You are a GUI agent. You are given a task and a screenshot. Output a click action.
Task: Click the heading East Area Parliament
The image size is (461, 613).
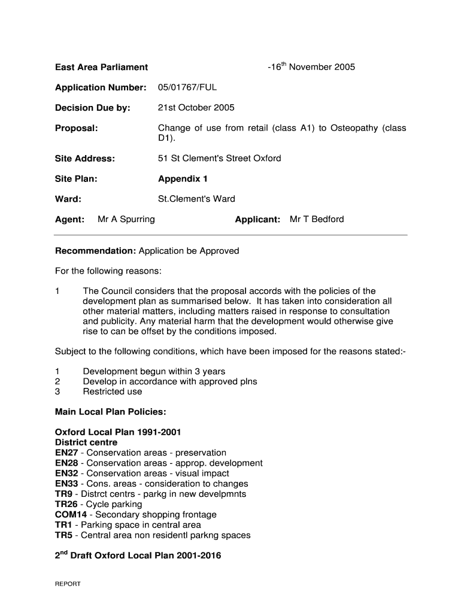click(x=101, y=67)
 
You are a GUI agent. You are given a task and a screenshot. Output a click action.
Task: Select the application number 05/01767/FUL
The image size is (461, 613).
click(x=187, y=87)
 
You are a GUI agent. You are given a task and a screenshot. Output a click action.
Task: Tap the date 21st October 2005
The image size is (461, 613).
click(x=196, y=108)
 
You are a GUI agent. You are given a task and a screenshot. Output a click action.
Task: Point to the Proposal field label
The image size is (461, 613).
click(x=76, y=128)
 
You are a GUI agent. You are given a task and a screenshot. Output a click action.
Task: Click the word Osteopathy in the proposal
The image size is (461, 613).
click(x=353, y=128)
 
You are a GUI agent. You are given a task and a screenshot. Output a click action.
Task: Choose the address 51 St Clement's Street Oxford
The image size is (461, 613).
click(x=219, y=159)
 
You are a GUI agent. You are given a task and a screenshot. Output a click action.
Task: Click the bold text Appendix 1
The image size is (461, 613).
click(x=183, y=179)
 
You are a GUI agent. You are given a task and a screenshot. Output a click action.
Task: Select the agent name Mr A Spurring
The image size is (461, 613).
click(x=126, y=219)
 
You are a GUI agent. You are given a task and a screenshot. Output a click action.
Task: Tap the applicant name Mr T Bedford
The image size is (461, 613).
click(x=317, y=219)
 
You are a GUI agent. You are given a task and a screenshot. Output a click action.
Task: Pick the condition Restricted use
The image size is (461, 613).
click(x=113, y=392)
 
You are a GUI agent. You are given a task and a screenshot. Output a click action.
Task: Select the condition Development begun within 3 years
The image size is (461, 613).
click(x=154, y=371)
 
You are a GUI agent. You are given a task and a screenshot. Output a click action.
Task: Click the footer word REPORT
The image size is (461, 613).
click(x=68, y=584)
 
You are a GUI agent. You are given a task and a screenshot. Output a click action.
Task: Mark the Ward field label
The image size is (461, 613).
click(x=68, y=199)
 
